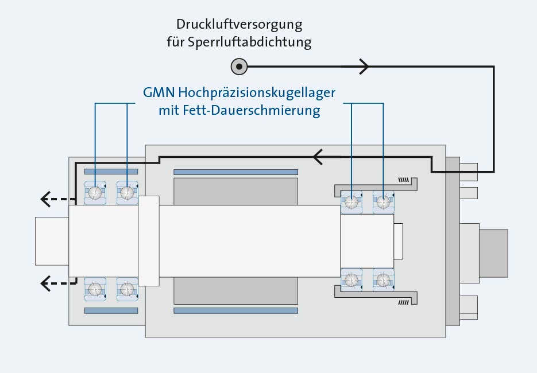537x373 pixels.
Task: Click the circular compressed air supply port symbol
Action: [x=239, y=67]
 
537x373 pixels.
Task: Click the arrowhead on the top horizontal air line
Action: [x=364, y=67]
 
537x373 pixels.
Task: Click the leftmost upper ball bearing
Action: [x=95, y=193]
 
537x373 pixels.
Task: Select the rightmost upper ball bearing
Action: [x=383, y=201]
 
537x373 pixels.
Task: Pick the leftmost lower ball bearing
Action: [x=95, y=289]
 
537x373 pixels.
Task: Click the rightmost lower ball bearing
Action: [x=383, y=280]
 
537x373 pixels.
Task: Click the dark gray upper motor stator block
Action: [x=235, y=191]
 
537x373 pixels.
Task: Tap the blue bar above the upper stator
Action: [x=235, y=172]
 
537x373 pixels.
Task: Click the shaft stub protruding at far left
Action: [x=52, y=241]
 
